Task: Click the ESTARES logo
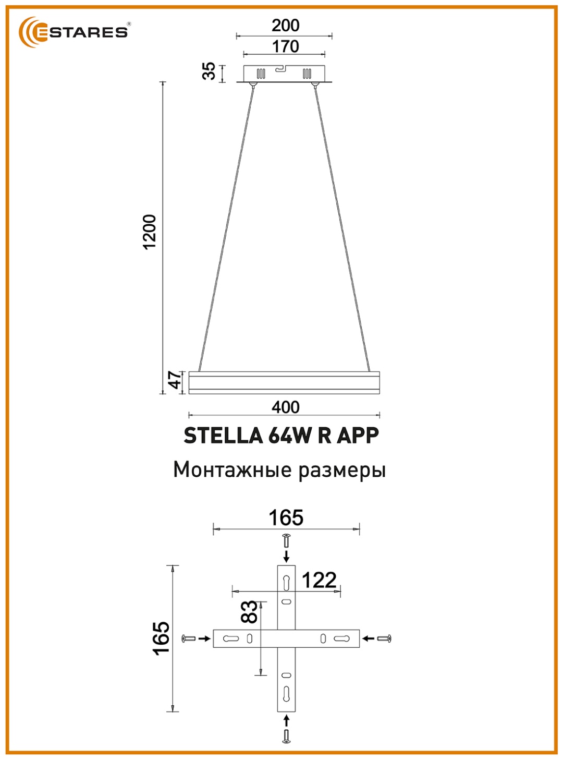pos(74,32)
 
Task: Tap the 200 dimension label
pos(286,26)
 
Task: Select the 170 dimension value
pos(286,46)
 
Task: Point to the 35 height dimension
pos(209,71)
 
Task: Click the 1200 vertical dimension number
pos(150,232)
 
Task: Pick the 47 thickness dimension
pos(175,380)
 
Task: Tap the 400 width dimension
pos(286,407)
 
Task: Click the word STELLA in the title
pos(223,436)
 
